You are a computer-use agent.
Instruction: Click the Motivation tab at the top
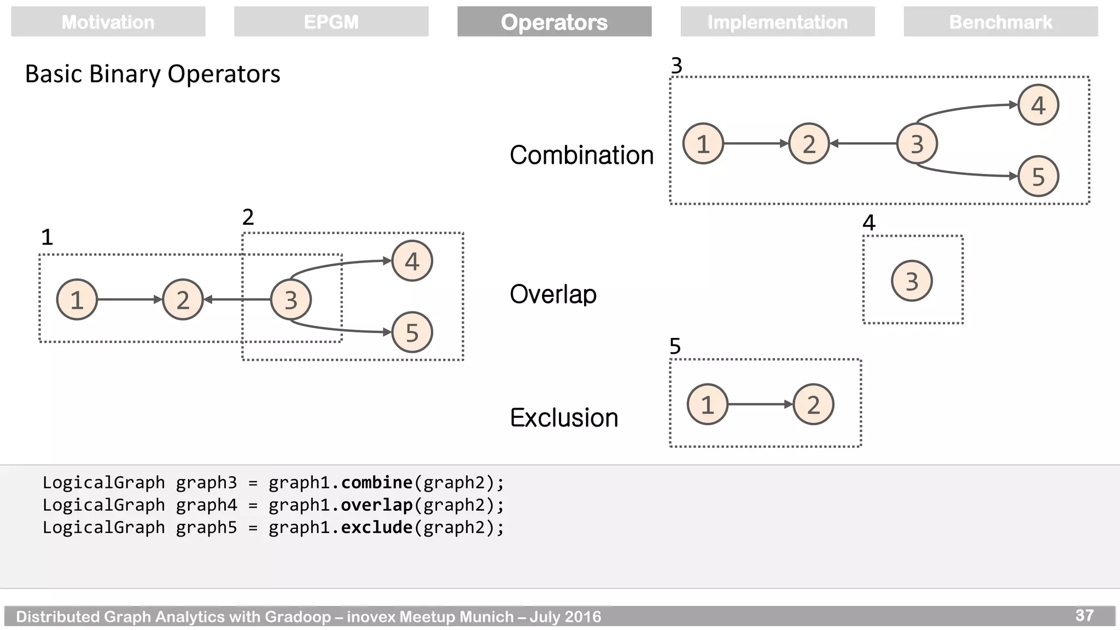(x=108, y=22)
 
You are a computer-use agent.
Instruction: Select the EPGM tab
(x=331, y=22)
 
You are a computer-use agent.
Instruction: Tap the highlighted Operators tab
(x=554, y=22)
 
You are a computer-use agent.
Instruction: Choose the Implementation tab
(x=777, y=22)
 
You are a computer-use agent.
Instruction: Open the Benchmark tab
(x=1000, y=22)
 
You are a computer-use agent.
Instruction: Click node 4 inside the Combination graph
(x=1038, y=105)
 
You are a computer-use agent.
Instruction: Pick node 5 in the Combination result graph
(x=1038, y=177)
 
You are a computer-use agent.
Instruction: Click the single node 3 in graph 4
(x=912, y=281)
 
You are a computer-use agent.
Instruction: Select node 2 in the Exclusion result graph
(x=813, y=405)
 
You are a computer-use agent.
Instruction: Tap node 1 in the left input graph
(x=77, y=300)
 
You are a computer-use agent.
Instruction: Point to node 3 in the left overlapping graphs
(x=291, y=300)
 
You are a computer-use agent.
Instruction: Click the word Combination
(x=581, y=155)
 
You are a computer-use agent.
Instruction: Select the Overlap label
(x=553, y=294)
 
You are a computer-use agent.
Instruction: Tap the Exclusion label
(x=564, y=418)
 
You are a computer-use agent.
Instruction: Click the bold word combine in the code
(x=376, y=482)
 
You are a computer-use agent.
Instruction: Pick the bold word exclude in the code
(x=376, y=527)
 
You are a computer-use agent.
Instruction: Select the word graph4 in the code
(x=206, y=505)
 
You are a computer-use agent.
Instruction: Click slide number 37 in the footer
(x=1084, y=616)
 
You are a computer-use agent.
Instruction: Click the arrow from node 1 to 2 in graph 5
(x=760, y=405)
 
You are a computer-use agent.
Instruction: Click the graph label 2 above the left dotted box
(x=248, y=218)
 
